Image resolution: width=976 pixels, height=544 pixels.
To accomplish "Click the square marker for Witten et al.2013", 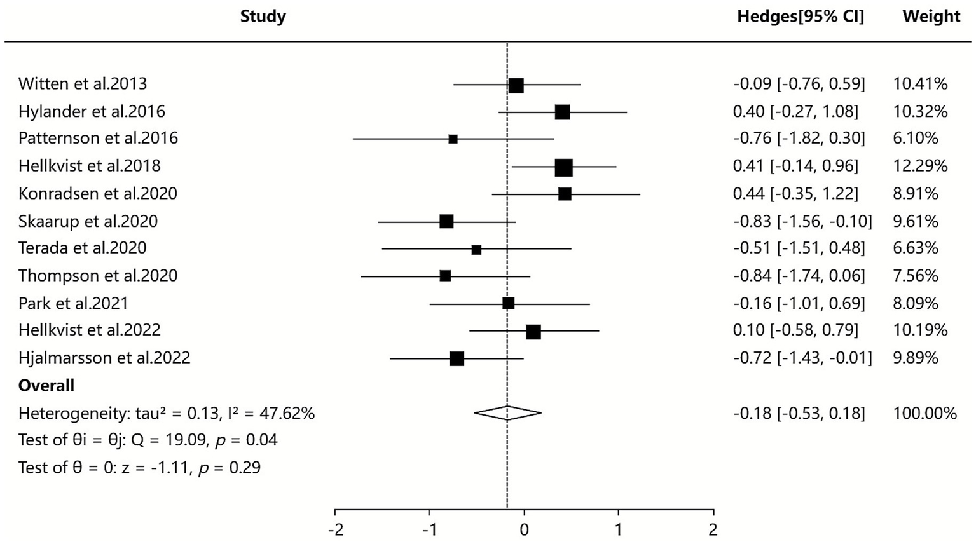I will tap(516, 85).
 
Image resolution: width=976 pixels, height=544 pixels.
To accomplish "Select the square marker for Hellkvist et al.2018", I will tap(563, 167).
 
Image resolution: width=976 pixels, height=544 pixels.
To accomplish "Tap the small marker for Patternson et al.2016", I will tap(453, 139).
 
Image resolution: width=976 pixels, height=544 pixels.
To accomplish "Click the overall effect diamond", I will tap(507, 413).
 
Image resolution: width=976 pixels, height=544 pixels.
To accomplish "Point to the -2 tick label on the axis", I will tap(335, 529).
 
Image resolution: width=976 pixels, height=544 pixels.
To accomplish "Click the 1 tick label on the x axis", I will tap(618, 529).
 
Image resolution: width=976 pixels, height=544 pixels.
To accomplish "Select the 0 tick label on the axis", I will tap(524, 529).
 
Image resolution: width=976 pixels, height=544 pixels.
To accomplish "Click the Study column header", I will tap(263, 17).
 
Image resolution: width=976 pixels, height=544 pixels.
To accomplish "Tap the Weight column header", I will tap(931, 17).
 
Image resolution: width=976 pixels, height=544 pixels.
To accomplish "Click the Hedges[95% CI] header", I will tap(801, 17).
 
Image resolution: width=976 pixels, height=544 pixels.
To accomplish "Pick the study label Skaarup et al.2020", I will tap(88, 221).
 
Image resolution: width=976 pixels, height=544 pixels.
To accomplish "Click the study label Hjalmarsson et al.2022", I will tap(104, 358).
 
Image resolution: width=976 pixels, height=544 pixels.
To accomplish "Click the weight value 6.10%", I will tap(916, 138).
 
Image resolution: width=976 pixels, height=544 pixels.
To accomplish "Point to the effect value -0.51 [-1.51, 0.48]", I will tap(799, 248).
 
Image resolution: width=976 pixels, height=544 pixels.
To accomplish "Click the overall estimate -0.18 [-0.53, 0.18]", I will tap(799, 413).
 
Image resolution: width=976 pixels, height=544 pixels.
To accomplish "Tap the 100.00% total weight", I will tap(924, 413).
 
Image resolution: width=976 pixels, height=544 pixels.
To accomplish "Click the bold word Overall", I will tap(46, 386).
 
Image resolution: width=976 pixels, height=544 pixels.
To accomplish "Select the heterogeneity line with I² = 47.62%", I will tap(167, 414).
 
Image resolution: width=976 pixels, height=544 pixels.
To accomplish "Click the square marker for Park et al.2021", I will tap(508, 303).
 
